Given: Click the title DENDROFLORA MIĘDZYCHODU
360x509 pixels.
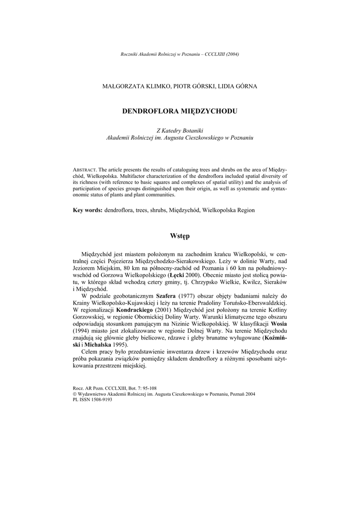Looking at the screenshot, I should coord(180,111).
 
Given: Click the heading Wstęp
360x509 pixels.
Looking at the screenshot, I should coord(180,235).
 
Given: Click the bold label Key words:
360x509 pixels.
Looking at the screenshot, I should coord(88,210).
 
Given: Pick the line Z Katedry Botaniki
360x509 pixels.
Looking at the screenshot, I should coord(180,130).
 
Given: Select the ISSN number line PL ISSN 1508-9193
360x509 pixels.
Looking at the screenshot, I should coord(92,399).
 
